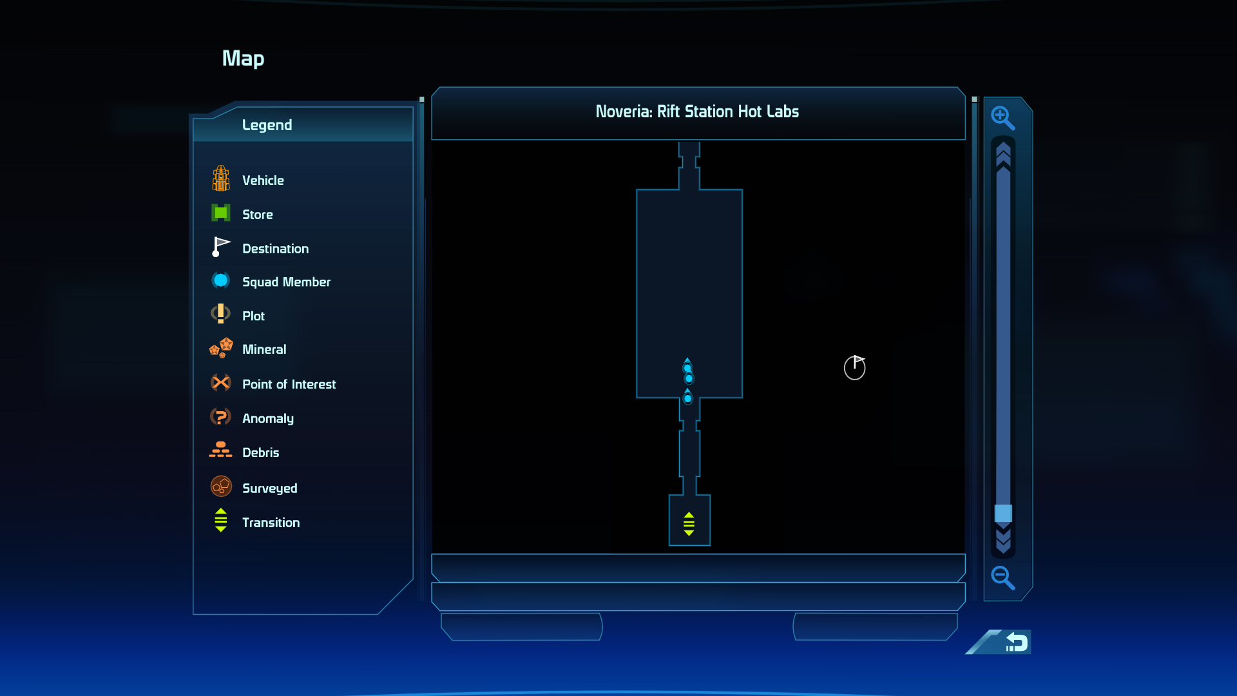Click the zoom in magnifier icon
tap(1002, 118)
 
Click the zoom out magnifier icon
tap(1002, 578)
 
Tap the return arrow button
tap(1017, 642)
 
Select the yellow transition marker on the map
tap(689, 524)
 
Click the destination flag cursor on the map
tap(855, 367)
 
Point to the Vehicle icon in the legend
tap(221, 179)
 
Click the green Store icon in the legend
tap(221, 213)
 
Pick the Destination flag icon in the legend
tap(221, 247)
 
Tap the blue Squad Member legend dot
tap(220, 280)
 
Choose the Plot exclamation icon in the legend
tap(220, 314)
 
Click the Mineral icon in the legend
tap(221, 348)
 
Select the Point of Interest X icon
tap(221, 383)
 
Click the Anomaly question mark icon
tap(220, 417)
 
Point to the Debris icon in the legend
tap(220, 450)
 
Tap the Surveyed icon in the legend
tap(221, 486)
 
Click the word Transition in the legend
tap(271, 523)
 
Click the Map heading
tap(244, 59)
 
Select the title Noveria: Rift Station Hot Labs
tap(697, 111)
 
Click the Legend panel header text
tap(267, 125)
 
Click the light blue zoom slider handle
tap(1003, 514)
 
